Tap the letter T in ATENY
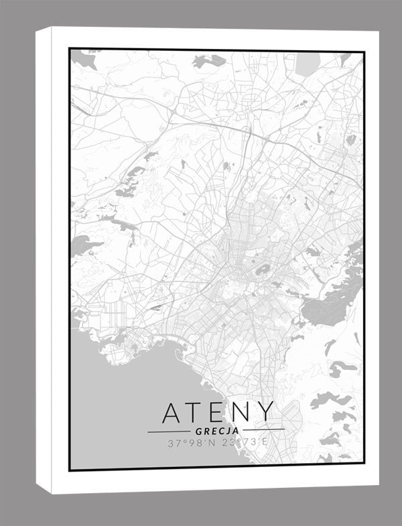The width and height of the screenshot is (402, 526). click(x=196, y=413)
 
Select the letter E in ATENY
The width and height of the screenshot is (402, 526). click(x=218, y=413)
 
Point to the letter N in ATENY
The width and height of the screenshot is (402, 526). click(x=241, y=413)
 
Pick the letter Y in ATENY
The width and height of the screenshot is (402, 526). click(x=265, y=413)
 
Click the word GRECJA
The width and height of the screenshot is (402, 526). click(x=216, y=430)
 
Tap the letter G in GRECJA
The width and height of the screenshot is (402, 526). click(x=200, y=430)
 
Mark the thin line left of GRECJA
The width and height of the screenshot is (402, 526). click(x=169, y=431)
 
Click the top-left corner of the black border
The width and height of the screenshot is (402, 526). click(x=70, y=49)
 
